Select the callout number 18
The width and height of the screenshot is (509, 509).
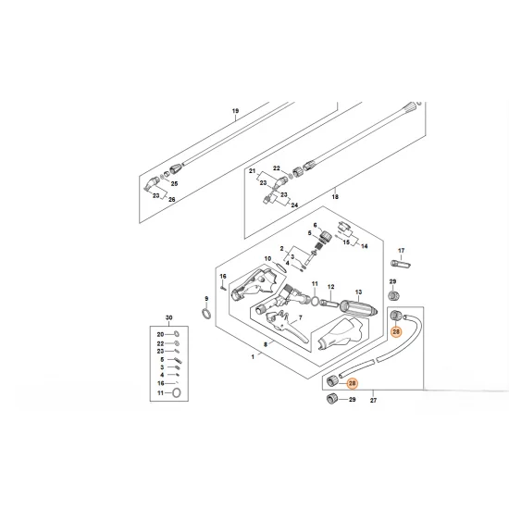pos(335,197)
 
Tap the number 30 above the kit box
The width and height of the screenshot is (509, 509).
pos(168,316)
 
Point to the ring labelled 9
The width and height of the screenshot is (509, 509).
pos(205,315)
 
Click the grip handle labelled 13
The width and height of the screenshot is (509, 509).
pos(356,306)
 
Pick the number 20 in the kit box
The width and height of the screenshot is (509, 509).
pos(160,333)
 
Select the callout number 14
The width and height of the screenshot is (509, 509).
pos(365,246)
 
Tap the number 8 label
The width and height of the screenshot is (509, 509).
pos(266,343)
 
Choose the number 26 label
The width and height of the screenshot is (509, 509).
pos(169,199)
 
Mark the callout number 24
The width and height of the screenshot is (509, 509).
pos(294,205)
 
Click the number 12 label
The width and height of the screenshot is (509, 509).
pos(330,287)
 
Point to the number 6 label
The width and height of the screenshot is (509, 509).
pos(314,226)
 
